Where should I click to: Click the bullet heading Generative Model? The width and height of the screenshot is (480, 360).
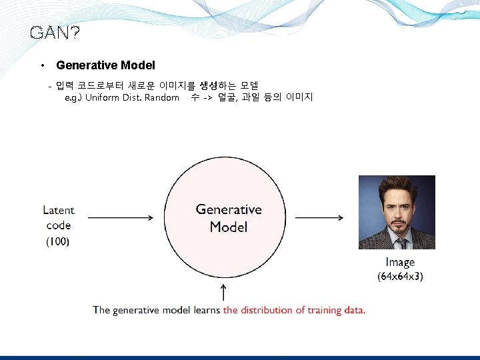pos(105,65)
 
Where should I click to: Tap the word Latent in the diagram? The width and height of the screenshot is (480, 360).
pos(59,210)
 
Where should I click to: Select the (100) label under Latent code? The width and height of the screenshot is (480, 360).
pos(58,241)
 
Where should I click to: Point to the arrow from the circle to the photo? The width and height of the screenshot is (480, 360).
pos(319,217)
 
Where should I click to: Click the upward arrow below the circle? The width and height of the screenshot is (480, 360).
pos(223,292)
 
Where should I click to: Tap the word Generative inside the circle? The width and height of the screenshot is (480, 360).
pos(229,209)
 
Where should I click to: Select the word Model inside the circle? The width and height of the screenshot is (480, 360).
pos(229,227)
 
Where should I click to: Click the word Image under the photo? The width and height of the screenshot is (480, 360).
pos(400,263)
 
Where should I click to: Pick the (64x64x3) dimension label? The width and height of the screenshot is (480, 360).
pos(400,275)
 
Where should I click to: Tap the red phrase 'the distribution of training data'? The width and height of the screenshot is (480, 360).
pos(294,310)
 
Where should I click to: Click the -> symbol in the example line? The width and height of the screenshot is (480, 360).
pos(208,97)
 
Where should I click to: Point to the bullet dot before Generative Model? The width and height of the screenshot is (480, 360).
pos(42,65)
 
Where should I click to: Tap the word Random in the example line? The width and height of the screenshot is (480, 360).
pos(162,97)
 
